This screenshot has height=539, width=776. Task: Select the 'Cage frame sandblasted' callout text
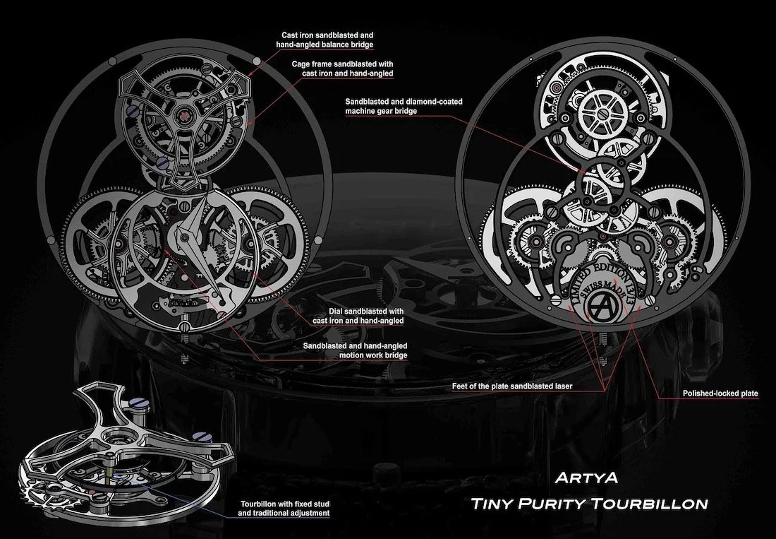click(x=343, y=69)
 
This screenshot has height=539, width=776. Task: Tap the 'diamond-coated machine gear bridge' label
click(x=404, y=107)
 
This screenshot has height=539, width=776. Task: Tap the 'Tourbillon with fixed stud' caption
click(x=285, y=508)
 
